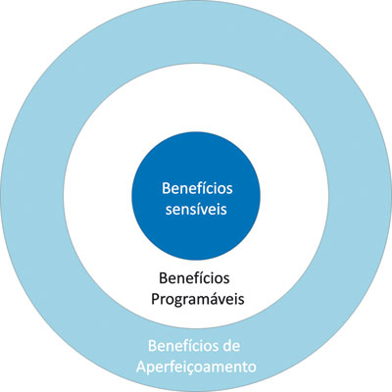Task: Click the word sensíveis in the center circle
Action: pyautogui.click(x=196, y=210)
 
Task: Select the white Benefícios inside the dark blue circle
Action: pyautogui.click(x=197, y=188)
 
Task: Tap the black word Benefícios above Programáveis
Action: pyautogui.click(x=194, y=278)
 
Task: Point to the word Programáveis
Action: pyautogui.click(x=198, y=299)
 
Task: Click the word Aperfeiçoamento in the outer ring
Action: pyautogui.click(x=196, y=367)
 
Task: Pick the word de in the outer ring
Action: pyautogui.click(x=231, y=346)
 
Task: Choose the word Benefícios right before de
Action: pyautogui.click(x=183, y=346)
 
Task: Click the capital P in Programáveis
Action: pyautogui.click(x=155, y=299)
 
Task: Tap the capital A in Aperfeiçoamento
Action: pyautogui.click(x=141, y=367)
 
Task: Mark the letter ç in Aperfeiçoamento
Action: pyautogui.click(x=194, y=369)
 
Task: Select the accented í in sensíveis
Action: pyautogui.click(x=204, y=209)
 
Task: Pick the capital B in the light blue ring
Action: pyautogui.click(x=152, y=346)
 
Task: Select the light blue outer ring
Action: pyautogui.click(x=32, y=196)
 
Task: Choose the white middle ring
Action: pyautogui.click(x=98, y=196)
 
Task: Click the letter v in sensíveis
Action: pyautogui.click(x=210, y=211)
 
